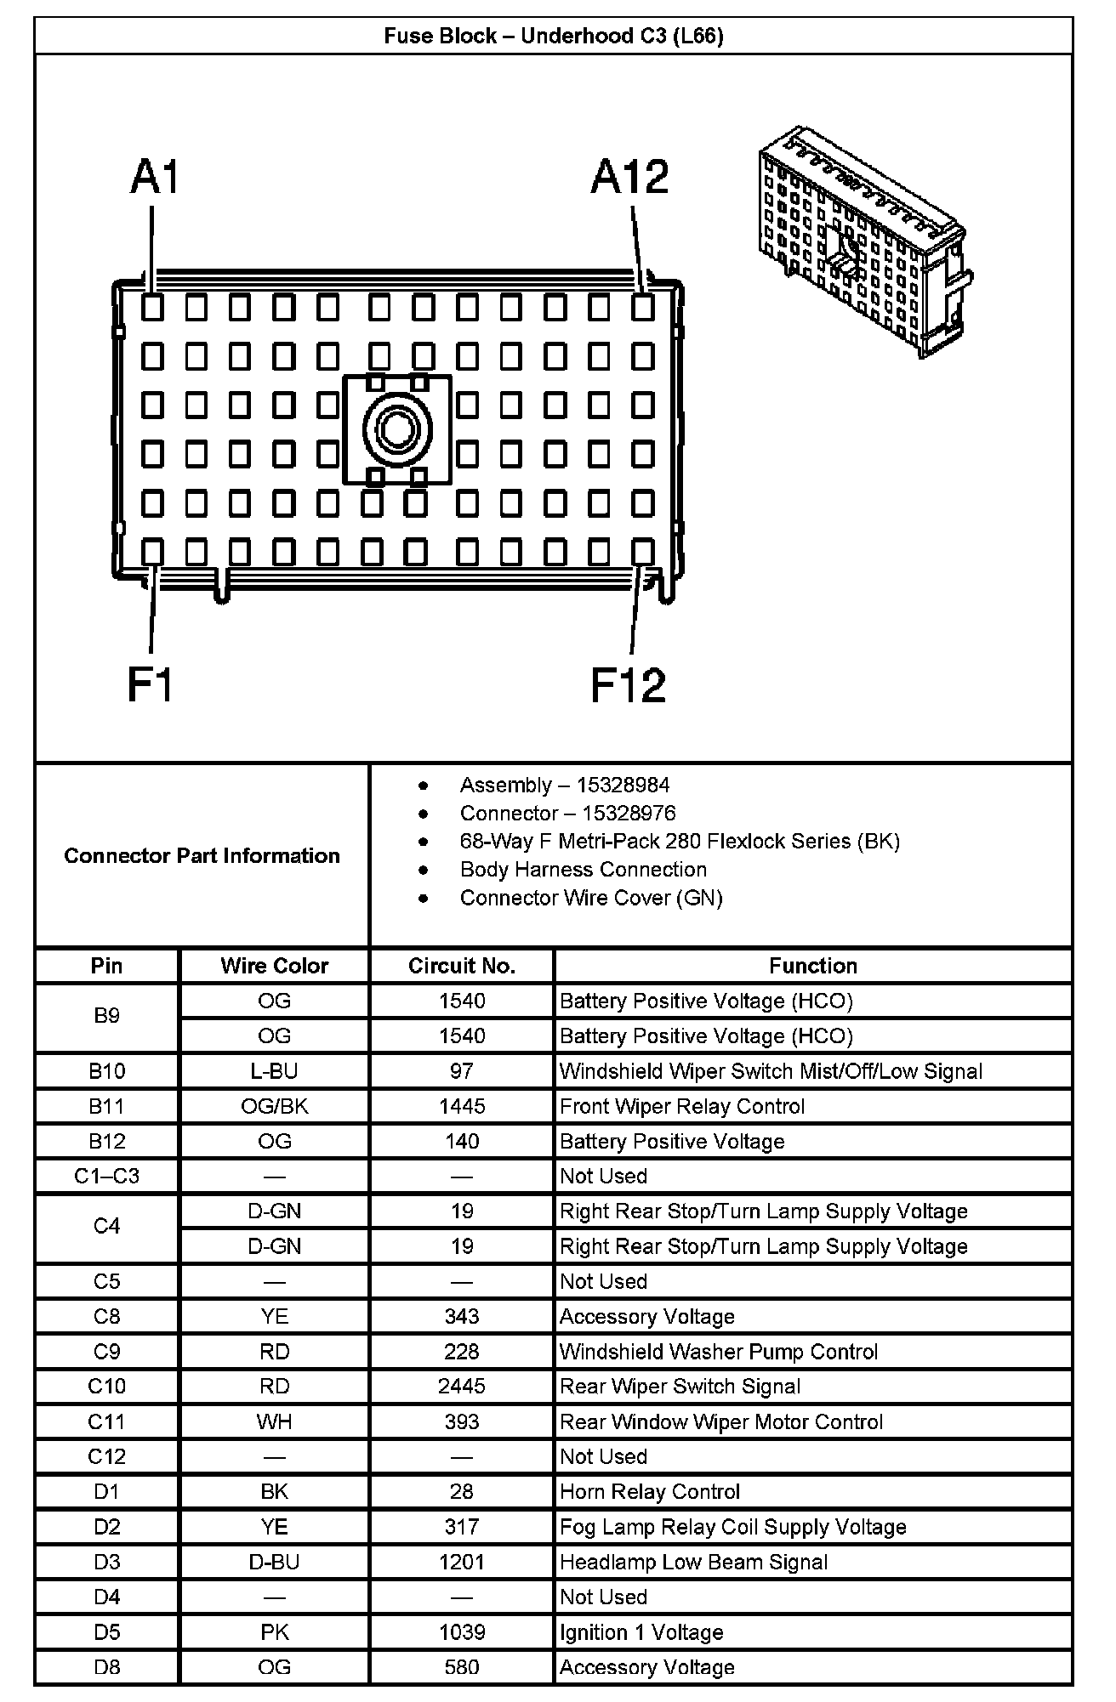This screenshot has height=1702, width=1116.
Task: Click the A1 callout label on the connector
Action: pos(156,179)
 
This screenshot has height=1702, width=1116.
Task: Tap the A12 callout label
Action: pos(629,178)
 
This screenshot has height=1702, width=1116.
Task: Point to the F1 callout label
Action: pos(151,684)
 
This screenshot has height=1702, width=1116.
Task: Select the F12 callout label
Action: pos(628,685)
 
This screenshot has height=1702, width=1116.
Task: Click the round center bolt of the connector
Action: pos(396,429)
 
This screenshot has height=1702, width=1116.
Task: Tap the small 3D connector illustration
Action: pos(866,242)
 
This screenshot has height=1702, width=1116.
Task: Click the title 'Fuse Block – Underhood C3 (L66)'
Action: pos(554,36)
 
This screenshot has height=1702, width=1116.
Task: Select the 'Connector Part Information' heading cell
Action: pos(202,855)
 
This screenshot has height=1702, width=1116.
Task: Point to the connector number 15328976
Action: pos(629,813)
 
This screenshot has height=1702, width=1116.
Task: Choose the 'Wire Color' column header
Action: pos(274,966)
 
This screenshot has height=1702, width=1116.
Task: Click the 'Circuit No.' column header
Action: pos(462,966)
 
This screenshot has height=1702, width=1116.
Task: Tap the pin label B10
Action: pos(106,1071)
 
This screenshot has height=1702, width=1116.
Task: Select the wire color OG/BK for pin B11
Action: pos(274,1106)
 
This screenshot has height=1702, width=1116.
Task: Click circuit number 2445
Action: pos(462,1387)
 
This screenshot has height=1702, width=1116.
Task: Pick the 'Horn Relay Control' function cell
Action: pos(650,1492)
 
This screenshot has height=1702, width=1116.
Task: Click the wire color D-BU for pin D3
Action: pos(274,1562)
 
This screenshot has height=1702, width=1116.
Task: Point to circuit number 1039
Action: pos(462,1632)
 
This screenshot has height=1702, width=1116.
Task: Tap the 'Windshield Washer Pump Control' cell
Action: pos(719,1352)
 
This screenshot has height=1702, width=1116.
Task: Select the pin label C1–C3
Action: pos(106,1176)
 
